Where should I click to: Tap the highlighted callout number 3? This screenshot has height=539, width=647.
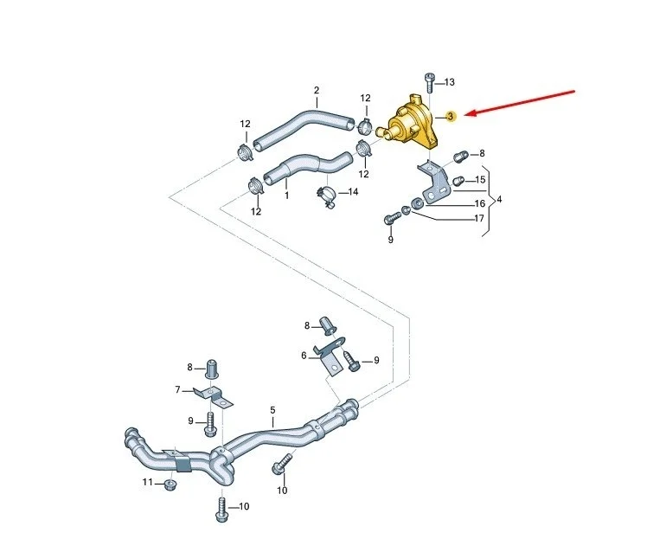coord(451,117)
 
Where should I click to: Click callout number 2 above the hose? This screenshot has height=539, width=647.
coord(317,90)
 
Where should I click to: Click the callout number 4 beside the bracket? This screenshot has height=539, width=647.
coord(499,199)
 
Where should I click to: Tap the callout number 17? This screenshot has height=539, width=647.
coord(479,218)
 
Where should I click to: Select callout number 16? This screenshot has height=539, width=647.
coord(480,203)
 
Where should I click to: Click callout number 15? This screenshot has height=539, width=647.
coord(480,180)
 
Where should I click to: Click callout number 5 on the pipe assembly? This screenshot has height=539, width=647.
coord(272,410)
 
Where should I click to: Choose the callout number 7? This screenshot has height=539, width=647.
coord(178,389)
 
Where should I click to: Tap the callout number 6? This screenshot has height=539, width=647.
coord(304,356)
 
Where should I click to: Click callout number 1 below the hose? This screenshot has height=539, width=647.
coord(287,195)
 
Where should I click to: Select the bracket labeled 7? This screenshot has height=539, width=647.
coord(214,396)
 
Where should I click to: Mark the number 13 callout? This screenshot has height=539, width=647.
coord(450,82)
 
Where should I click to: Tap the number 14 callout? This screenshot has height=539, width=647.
coord(353,192)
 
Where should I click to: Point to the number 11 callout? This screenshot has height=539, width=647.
coord(148,482)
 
